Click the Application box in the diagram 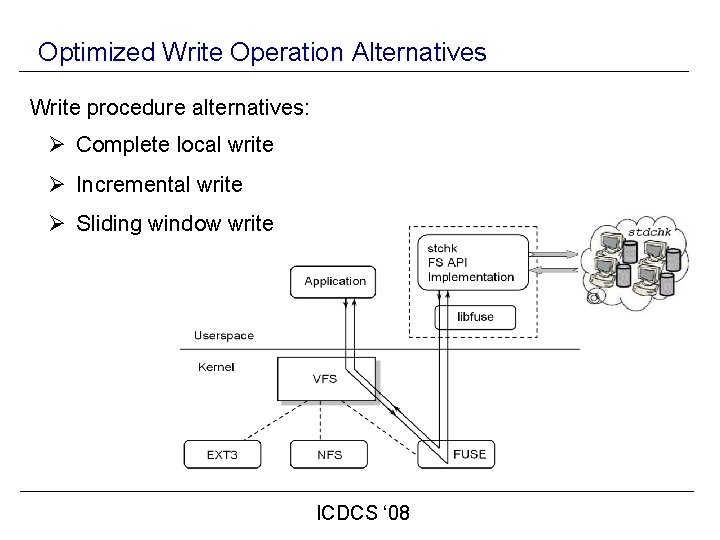click(x=335, y=281)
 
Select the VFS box click(x=325, y=379)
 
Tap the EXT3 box click(x=221, y=454)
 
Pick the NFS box click(x=329, y=454)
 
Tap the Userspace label click(x=223, y=336)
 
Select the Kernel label click(x=216, y=367)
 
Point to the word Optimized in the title click(x=98, y=52)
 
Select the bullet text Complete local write click(x=174, y=145)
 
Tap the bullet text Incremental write click(x=159, y=185)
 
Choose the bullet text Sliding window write click(x=174, y=224)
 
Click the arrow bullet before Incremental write click(x=58, y=185)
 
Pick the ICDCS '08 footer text click(x=363, y=514)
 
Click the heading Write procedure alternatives click(x=170, y=106)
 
